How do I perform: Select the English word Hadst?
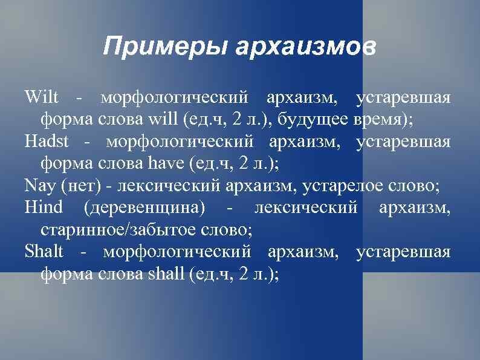47,141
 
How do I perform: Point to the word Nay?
37,185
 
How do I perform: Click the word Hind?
44,208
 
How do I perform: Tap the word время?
384,119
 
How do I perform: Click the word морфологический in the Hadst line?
178,141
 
